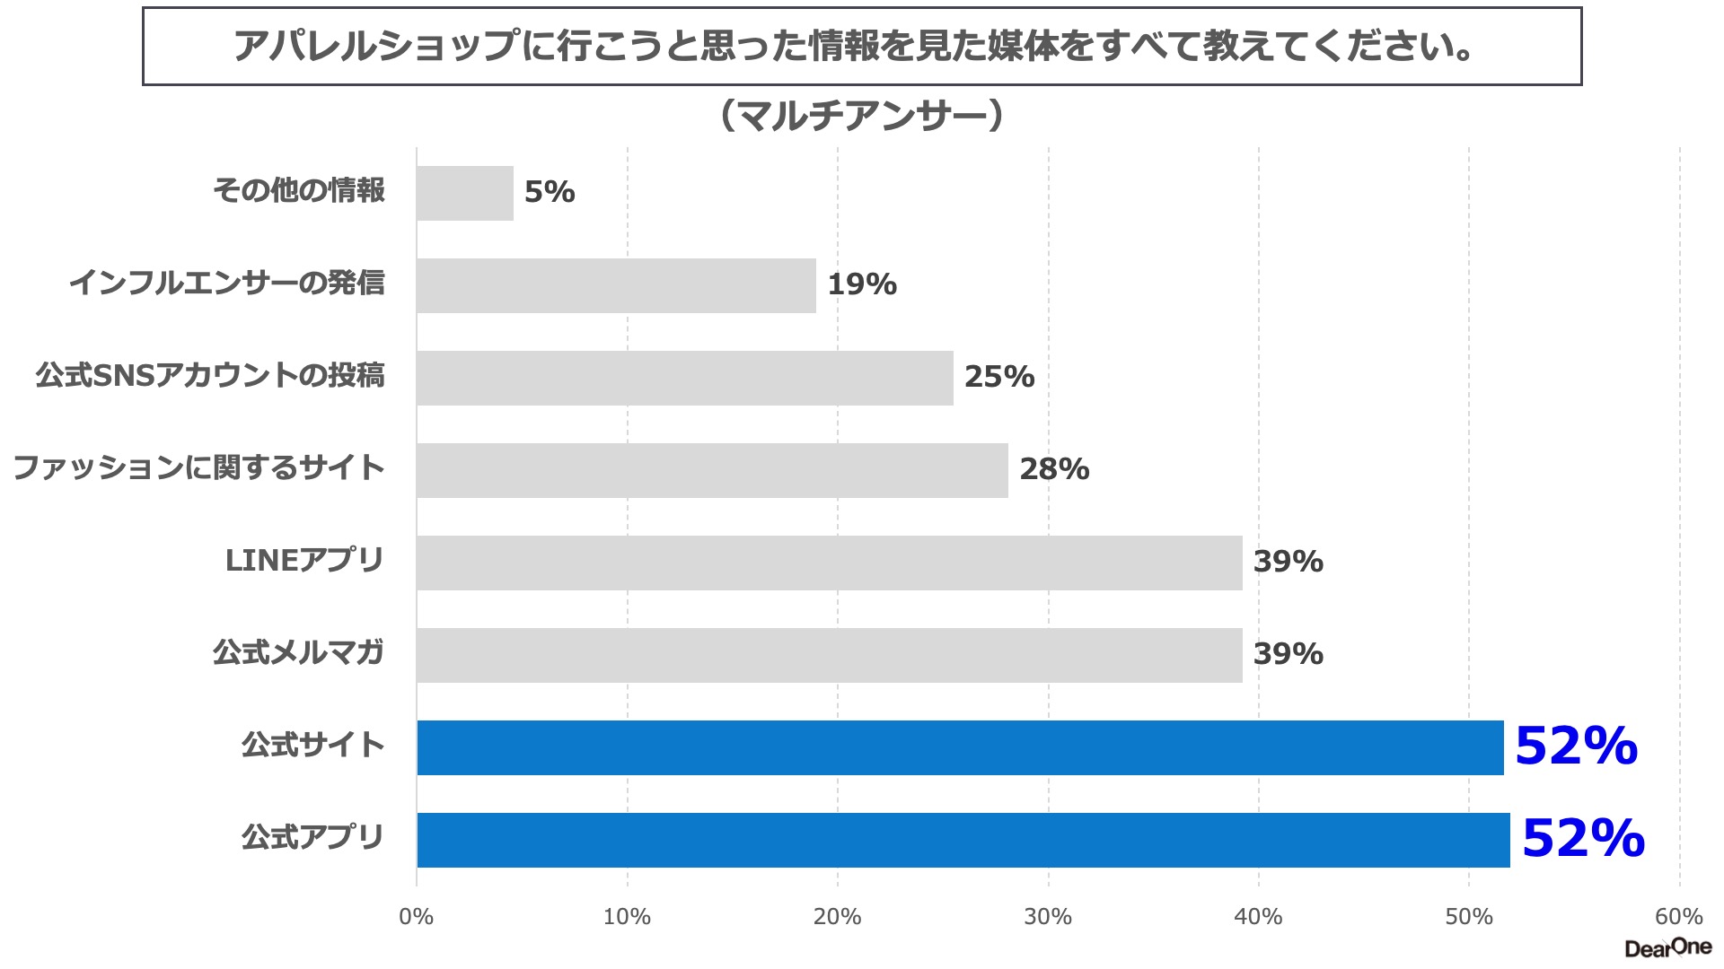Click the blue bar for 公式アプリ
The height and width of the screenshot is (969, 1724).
pos(963,840)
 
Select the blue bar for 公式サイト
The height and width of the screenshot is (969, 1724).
pos(960,747)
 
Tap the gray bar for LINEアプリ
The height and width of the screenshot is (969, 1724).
pos(829,563)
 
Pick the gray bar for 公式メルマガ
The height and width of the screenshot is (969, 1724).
pos(829,655)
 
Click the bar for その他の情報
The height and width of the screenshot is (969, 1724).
pos(465,193)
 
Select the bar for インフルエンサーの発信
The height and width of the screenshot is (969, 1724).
pos(616,285)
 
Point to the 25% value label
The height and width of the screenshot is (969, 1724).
pos(999,377)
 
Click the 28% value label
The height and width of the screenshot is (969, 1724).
pos(1054,469)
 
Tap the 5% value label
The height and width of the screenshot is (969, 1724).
pos(550,192)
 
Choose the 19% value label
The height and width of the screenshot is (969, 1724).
pos(862,284)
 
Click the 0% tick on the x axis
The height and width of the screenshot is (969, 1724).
pos(416,917)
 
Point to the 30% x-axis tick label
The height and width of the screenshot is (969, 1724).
pos(1048,917)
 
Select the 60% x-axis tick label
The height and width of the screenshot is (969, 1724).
pos(1678,917)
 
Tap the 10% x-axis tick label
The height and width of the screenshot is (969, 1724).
pos(627,917)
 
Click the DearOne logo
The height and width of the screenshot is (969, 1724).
pos(1667,947)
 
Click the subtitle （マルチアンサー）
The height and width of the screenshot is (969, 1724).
pos(862,116)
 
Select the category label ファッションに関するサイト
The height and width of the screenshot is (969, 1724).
pos(198,468)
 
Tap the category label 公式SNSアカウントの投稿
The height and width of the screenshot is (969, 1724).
pos(210,376)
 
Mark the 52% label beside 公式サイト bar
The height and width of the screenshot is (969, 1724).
pos(1576,746)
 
